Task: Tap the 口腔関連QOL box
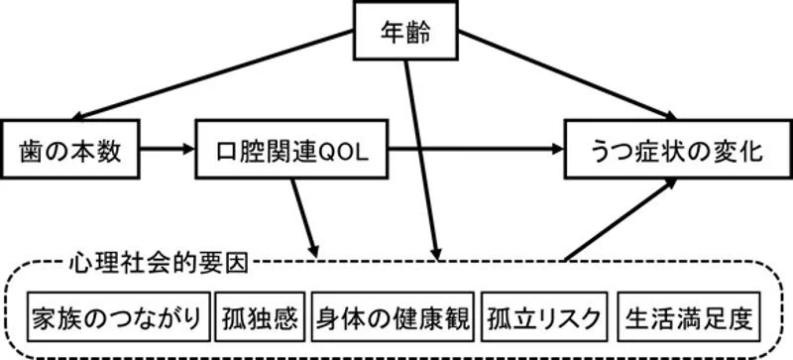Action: point(291,151)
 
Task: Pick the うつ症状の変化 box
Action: point(668,151)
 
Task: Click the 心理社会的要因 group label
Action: point(160,263)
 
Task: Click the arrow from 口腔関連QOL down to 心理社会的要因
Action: point(305,218)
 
